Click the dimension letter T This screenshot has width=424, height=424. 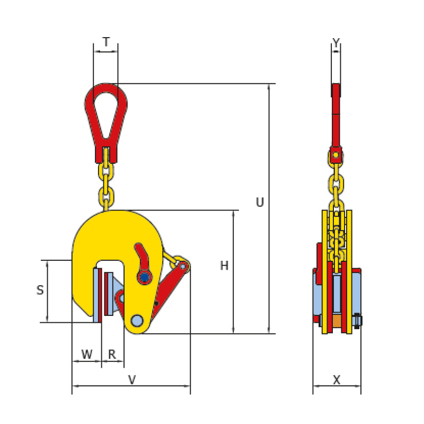[107, 42]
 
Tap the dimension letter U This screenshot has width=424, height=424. [260, 202]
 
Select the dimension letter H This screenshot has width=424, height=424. [224, 266]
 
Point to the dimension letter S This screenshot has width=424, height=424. [40, 290]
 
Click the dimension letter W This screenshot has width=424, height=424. [87, 354]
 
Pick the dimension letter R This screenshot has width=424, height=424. [112, 354]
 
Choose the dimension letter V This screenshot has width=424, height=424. [131, 380]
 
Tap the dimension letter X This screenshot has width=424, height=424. [337, 380]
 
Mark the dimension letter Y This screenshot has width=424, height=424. [336, 42]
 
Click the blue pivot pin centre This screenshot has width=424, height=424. [145, 277]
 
